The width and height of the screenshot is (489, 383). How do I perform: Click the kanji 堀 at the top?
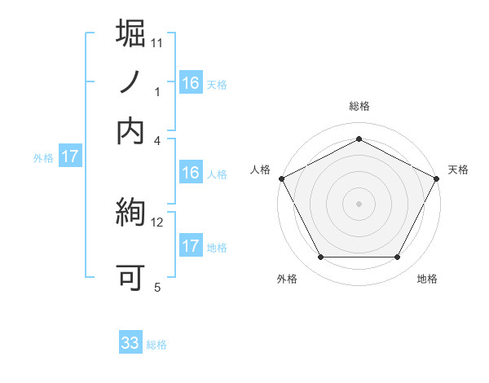point(131,34)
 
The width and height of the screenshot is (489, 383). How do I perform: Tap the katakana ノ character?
point(131,83)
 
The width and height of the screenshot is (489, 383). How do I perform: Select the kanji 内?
point(131,130)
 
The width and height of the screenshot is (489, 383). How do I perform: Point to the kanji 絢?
point(131,214)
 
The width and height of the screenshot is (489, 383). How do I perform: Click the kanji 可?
point(131,277)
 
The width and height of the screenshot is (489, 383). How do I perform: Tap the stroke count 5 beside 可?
point(156,287)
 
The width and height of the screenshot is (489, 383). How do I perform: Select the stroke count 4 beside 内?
point(158,139)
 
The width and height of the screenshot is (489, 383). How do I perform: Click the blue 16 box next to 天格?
point(190,83)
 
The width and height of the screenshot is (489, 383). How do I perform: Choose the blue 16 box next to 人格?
point(190,173)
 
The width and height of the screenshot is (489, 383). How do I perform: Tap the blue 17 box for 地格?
point(190,246)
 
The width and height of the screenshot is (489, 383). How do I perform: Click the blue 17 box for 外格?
point(69,156)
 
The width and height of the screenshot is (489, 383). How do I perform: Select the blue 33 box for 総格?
point(130,343)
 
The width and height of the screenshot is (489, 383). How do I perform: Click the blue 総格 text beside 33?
point(156,345)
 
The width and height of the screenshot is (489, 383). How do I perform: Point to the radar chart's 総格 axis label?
point(359,106)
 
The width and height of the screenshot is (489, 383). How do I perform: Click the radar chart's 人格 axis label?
point(261,169)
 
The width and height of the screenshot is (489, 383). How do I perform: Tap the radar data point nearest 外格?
point(320,258)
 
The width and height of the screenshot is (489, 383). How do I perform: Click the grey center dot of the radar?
point(359,203)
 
